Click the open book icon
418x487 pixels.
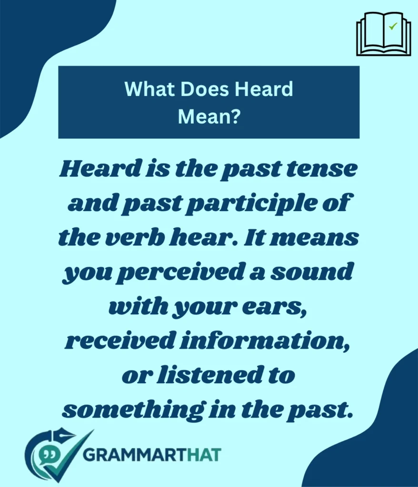point(383,34)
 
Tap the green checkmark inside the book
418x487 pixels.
point(393,27)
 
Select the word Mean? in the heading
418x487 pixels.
point(209,117)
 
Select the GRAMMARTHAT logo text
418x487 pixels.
point(151,454)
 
